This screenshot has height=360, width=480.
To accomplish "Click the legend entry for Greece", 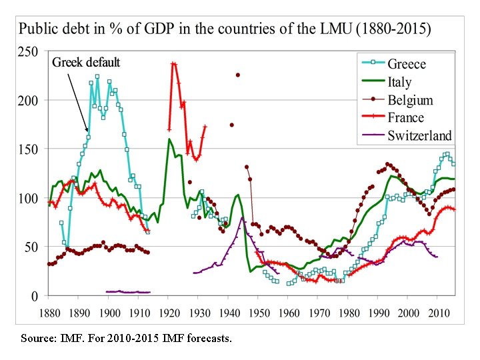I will coord(406,64).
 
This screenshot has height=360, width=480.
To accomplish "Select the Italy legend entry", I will coord(399,82).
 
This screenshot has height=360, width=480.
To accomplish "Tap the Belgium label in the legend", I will coord(410,100).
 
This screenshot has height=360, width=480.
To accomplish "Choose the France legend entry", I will coord(405,118).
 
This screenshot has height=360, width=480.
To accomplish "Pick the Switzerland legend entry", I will coord(419,136).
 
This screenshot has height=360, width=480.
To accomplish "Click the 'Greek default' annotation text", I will coord(86,63).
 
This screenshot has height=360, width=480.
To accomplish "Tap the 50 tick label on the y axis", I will coord(31,247).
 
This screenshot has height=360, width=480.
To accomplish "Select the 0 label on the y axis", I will coord(35,295).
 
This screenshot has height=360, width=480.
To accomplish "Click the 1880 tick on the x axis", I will coord(49,313).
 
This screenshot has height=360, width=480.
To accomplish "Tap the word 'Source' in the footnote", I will coord(37,339).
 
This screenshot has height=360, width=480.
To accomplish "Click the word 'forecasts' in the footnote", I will coord(209,339).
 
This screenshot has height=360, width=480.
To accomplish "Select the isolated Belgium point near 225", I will coord(237,75).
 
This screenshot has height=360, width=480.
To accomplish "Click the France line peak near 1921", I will coord(173,63).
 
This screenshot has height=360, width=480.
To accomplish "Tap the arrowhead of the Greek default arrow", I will coord(87,131).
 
